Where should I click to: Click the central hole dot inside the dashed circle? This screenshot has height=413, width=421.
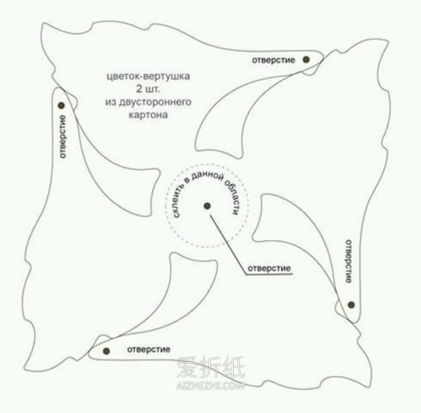point(207,206)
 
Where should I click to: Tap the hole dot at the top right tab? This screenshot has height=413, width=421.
point(306,60)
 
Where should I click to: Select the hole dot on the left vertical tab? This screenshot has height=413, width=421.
point(62,105)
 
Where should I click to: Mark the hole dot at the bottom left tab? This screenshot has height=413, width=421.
point(106,351)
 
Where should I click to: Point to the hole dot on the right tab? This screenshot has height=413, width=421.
point(351,305)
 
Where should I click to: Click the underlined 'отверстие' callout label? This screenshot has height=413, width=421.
point(269,268)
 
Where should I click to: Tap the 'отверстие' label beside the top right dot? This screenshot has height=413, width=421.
point(274,60)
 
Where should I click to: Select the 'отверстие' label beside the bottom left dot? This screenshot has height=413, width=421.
point(149,350)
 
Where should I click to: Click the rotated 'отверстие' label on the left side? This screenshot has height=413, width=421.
point(62,137)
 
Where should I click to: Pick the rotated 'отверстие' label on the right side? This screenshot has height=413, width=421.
point(348,261)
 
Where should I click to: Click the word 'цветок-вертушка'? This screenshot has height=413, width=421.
point(148,76)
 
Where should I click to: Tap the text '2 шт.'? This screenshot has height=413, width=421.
point(148,89)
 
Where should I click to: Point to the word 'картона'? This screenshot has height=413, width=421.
point(148,115)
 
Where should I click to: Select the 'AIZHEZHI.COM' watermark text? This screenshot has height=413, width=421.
point(210,386)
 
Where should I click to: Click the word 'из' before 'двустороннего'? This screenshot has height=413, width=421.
point(110,103)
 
